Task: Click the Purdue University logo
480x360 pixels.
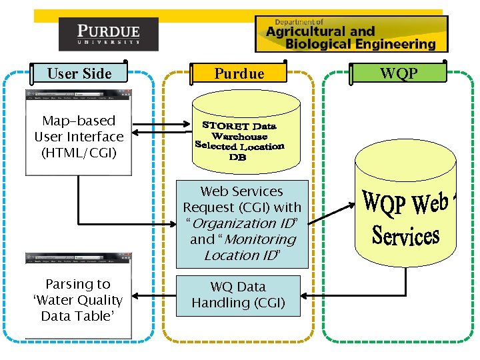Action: (109, 34)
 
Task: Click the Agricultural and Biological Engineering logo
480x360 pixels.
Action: (351, 34)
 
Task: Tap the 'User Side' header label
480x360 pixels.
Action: (79, 73)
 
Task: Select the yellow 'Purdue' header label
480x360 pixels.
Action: (239, 73)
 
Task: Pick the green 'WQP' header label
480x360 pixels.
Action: (399, 73)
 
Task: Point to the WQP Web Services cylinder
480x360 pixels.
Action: (405, 207)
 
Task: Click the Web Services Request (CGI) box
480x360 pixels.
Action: (242, 223)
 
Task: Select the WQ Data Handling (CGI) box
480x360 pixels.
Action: (239, 295)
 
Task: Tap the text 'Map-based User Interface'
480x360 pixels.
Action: (79, 129)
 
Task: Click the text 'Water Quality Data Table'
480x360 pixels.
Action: (79, 308)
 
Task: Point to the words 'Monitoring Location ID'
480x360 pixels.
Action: (251, 247)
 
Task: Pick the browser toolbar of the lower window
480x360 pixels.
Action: (79, 257)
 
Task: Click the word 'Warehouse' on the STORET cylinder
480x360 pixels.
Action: (239, 136)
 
